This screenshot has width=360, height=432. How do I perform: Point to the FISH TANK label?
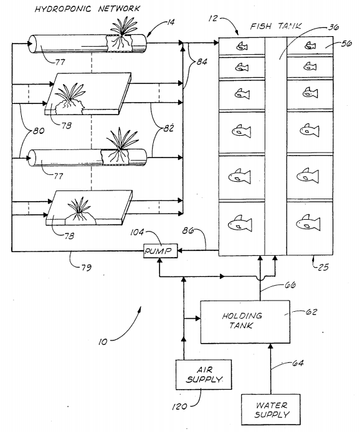[276, 27]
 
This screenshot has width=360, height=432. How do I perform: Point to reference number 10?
[105, 340]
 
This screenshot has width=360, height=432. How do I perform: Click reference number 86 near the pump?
[189, 232]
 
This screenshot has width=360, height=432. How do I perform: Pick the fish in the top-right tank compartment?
[310, 45]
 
